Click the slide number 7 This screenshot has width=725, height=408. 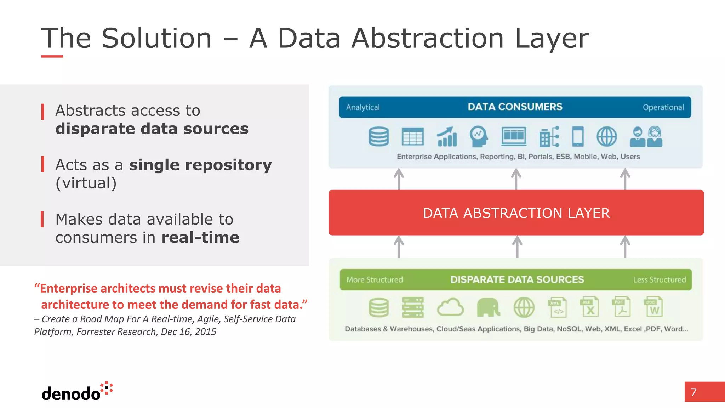pos(693,392)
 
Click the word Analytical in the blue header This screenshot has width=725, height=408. pos(362,107)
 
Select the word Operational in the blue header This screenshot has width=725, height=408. pos(663,107)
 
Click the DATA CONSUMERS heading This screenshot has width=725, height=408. pos(515,107)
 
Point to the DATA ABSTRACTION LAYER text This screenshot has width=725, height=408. pos(516,213)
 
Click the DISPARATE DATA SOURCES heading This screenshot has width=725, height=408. pos(517,280)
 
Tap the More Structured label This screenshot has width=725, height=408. pos(375,280)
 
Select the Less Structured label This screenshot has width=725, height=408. pos(659,280)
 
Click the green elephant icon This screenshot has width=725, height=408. pos(488,307)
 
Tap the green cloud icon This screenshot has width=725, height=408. pos(450,307)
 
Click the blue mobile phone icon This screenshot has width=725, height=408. pos(578,136)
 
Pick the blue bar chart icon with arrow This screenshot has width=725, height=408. pos(447,137)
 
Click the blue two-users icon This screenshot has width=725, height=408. pos(646,137)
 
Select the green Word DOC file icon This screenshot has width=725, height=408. pos(653,307)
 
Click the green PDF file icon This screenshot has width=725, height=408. pos(621,307)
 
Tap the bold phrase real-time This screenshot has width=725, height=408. pos(200,237)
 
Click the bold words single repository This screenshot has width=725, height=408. pos(200,165)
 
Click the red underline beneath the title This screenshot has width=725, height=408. pos(52,56)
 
